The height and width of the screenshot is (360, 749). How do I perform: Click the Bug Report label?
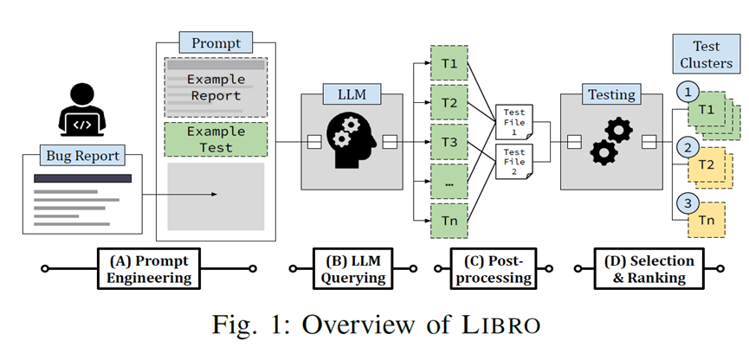[81, 157]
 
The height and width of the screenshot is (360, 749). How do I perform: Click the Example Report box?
[216, 87]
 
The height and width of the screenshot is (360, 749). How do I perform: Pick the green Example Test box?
[216, 139]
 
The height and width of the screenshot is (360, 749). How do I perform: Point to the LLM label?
[351, 93]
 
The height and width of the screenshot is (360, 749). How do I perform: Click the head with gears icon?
[351, 142]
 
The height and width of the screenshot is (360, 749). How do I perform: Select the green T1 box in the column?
[449, 65]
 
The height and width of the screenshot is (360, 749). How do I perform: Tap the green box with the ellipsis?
[449, 183]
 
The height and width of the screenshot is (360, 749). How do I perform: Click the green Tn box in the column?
[449, 222]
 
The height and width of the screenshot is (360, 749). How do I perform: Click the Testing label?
[612, 93]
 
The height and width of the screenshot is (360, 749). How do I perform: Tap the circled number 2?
[686, 147]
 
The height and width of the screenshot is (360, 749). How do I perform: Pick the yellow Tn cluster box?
[707, 222]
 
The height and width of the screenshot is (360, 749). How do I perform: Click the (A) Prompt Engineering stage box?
[148, 268]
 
